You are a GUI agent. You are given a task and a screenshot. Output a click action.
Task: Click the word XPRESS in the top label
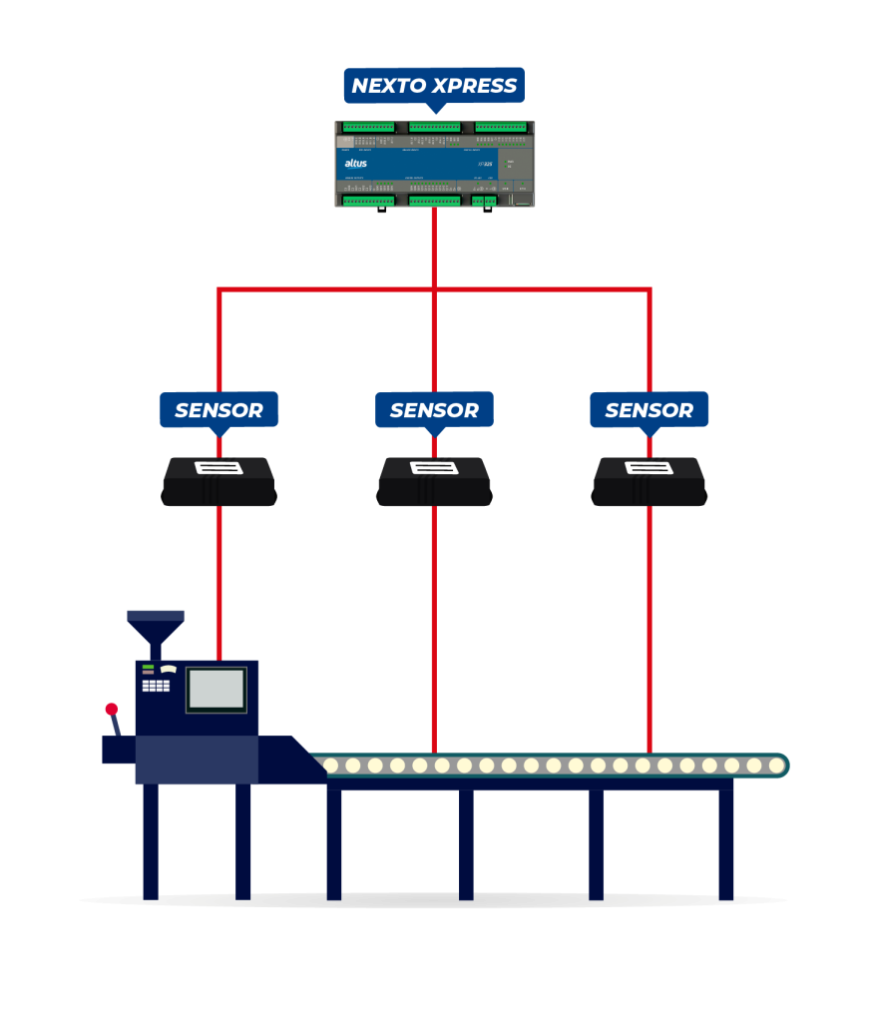coord(477,87)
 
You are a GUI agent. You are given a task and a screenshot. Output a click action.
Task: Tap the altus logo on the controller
coord(355,163)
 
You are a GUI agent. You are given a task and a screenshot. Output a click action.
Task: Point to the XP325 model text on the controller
coord(486,163)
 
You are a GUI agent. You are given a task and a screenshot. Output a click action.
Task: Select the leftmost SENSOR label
coord(218,410)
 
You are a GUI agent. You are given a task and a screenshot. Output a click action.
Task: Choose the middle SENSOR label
coord(434,410)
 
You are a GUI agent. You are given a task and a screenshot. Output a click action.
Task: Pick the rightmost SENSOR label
coord(650,410)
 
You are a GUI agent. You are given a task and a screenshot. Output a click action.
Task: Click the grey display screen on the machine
coord(217,689)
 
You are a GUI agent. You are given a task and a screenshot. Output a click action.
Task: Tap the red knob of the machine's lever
coord(112,709)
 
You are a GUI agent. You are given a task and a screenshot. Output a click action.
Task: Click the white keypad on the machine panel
coord(156,686)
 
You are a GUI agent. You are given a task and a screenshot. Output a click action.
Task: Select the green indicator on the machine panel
coord(148,666)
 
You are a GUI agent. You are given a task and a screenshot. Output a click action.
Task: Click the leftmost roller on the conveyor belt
coord(331,766)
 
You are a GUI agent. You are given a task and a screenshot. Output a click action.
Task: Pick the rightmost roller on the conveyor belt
coord(776,766)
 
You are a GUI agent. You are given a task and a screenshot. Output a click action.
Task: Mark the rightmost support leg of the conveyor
coord(725,843)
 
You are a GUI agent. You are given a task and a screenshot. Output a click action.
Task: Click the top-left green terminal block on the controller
coord(368,127)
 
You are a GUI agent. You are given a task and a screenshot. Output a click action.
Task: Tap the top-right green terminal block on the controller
coord(501,127)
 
